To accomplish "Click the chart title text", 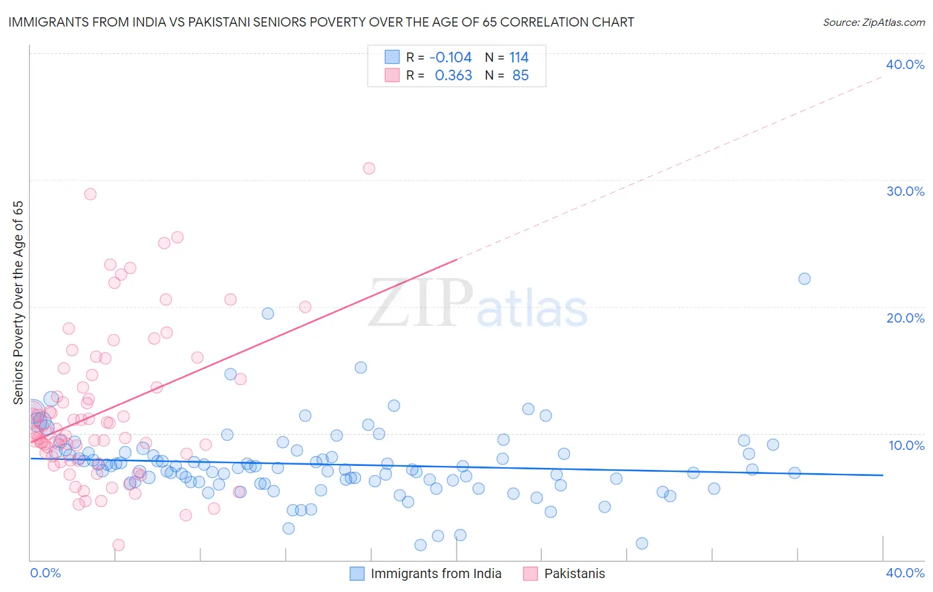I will tap(321, 22).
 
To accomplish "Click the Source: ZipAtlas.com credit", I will tap(873, 22).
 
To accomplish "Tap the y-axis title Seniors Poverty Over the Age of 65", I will tap(18, 302).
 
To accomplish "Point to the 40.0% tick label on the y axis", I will tap(904, 64).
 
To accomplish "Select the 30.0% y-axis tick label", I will tap(904, 191).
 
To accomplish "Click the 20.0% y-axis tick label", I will tap(904, 318).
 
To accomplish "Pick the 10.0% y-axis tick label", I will tap(906, 445).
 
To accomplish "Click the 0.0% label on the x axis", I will tap(45, 573).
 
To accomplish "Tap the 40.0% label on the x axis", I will tap(904, 573).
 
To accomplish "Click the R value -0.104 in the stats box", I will tap(451, 57).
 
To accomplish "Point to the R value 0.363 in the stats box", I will tap(453, 75).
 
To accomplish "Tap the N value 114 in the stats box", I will tap(519, 57).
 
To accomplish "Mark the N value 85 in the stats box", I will tap(520, 75).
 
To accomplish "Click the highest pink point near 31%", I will tap(369, 168).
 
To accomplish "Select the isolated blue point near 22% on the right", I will tap(804, 279).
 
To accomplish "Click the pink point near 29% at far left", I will tap(90, 194).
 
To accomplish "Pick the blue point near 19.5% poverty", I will tap(268, 313).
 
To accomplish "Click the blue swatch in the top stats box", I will tap(392, 57).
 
